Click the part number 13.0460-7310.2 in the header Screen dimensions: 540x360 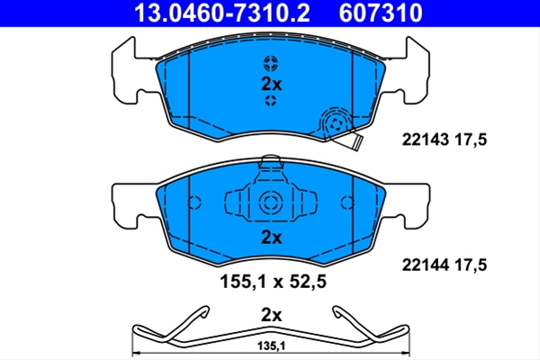pos(222,13)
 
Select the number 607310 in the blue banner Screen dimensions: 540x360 pos(381,13)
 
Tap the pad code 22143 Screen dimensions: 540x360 pos(426,139)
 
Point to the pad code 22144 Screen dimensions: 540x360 pos(426,265)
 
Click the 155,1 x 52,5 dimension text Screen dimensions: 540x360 pos(273,282)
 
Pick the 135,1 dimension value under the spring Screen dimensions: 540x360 pos(272,346)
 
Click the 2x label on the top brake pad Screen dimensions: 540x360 pos(272,84)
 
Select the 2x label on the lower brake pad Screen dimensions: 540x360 pos(272,238)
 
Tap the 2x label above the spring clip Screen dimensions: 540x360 pos(272,315)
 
